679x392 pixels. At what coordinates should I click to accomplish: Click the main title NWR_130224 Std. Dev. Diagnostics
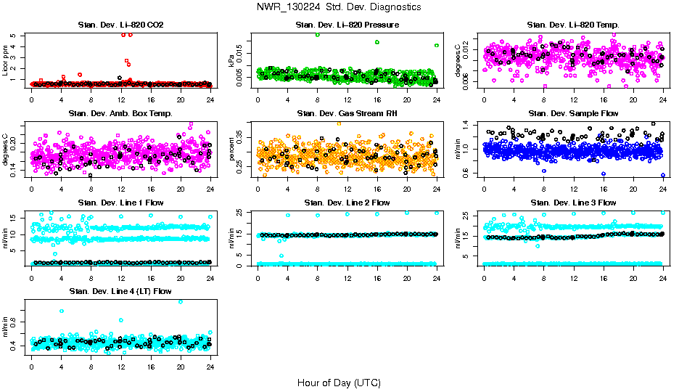click(x=339, y=7)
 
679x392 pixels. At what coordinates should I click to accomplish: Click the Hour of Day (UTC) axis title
click(x=339, y=383)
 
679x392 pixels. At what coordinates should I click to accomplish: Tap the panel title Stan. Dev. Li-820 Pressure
click(x=347, y=25)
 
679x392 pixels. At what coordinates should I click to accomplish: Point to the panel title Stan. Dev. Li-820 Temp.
click(x=573, y=25)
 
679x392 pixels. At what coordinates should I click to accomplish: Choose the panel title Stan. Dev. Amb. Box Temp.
click(x=120, y=114)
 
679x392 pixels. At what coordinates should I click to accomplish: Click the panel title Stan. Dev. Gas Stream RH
click(x=347, y=114)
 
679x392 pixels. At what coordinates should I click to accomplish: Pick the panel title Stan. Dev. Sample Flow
click(x=573, y=114)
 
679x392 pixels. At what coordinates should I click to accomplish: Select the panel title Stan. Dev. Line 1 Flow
click(x=120, y=203)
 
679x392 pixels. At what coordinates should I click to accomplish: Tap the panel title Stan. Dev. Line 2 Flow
click(x=347, y=203)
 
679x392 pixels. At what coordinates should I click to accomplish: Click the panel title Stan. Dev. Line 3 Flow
click(x=573, y=203)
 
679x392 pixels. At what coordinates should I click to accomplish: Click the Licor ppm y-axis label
click(x=6, y=60)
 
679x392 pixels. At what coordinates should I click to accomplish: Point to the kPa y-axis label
click(x=232, y=61)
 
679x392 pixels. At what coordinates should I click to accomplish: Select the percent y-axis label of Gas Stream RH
click(x=232, y=150)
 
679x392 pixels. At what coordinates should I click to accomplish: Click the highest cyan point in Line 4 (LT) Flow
click(x=181, y=301)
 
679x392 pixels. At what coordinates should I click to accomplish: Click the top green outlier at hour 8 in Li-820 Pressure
click(x=317, y=35)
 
